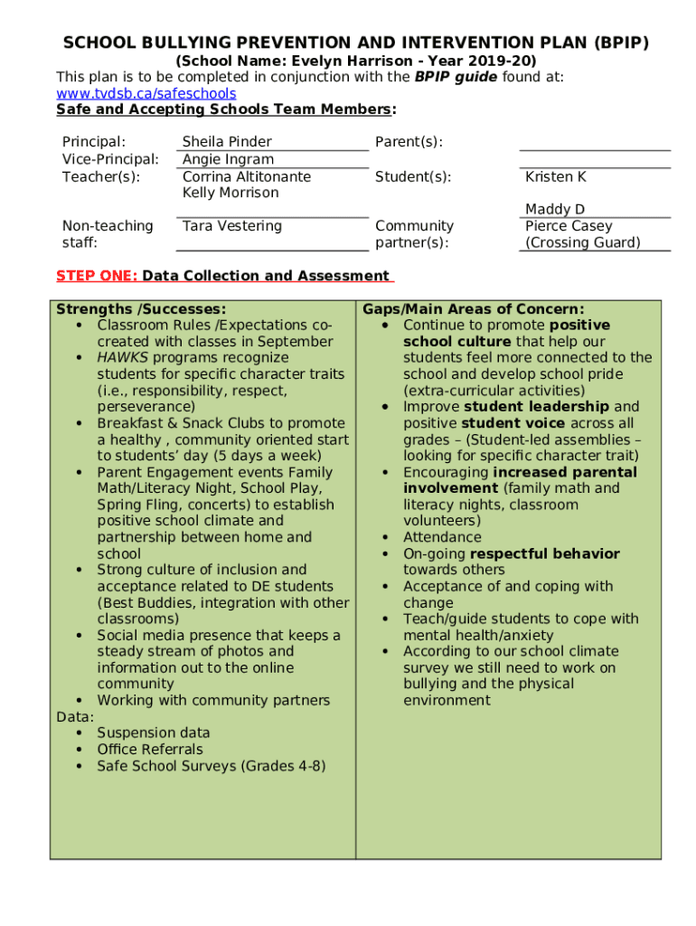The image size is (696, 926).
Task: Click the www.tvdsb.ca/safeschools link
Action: [146, 94]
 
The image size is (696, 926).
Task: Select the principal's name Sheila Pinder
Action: [227, 142]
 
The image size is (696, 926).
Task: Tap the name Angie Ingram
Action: [228, 160]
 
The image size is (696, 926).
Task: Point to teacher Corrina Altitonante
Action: [246, 176]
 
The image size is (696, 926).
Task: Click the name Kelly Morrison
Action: [230, 193]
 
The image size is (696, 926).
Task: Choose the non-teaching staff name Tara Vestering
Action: [232, 226]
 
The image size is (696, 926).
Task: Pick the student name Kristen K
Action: [556, 177]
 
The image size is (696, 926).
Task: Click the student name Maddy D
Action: [555, 210]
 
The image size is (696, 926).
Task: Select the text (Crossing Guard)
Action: [583, 242]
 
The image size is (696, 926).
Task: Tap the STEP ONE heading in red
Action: [97, 276]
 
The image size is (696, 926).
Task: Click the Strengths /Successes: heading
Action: [141, 309]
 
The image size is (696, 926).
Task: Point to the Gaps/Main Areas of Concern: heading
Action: [474, 309]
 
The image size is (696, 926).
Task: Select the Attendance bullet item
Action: [442, 537]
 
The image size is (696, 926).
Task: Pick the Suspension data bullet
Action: [154, 733]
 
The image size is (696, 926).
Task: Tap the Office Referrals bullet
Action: [150, 750]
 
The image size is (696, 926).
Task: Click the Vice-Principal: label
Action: [110, 160]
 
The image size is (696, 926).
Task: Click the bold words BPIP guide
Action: [456, 77]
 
